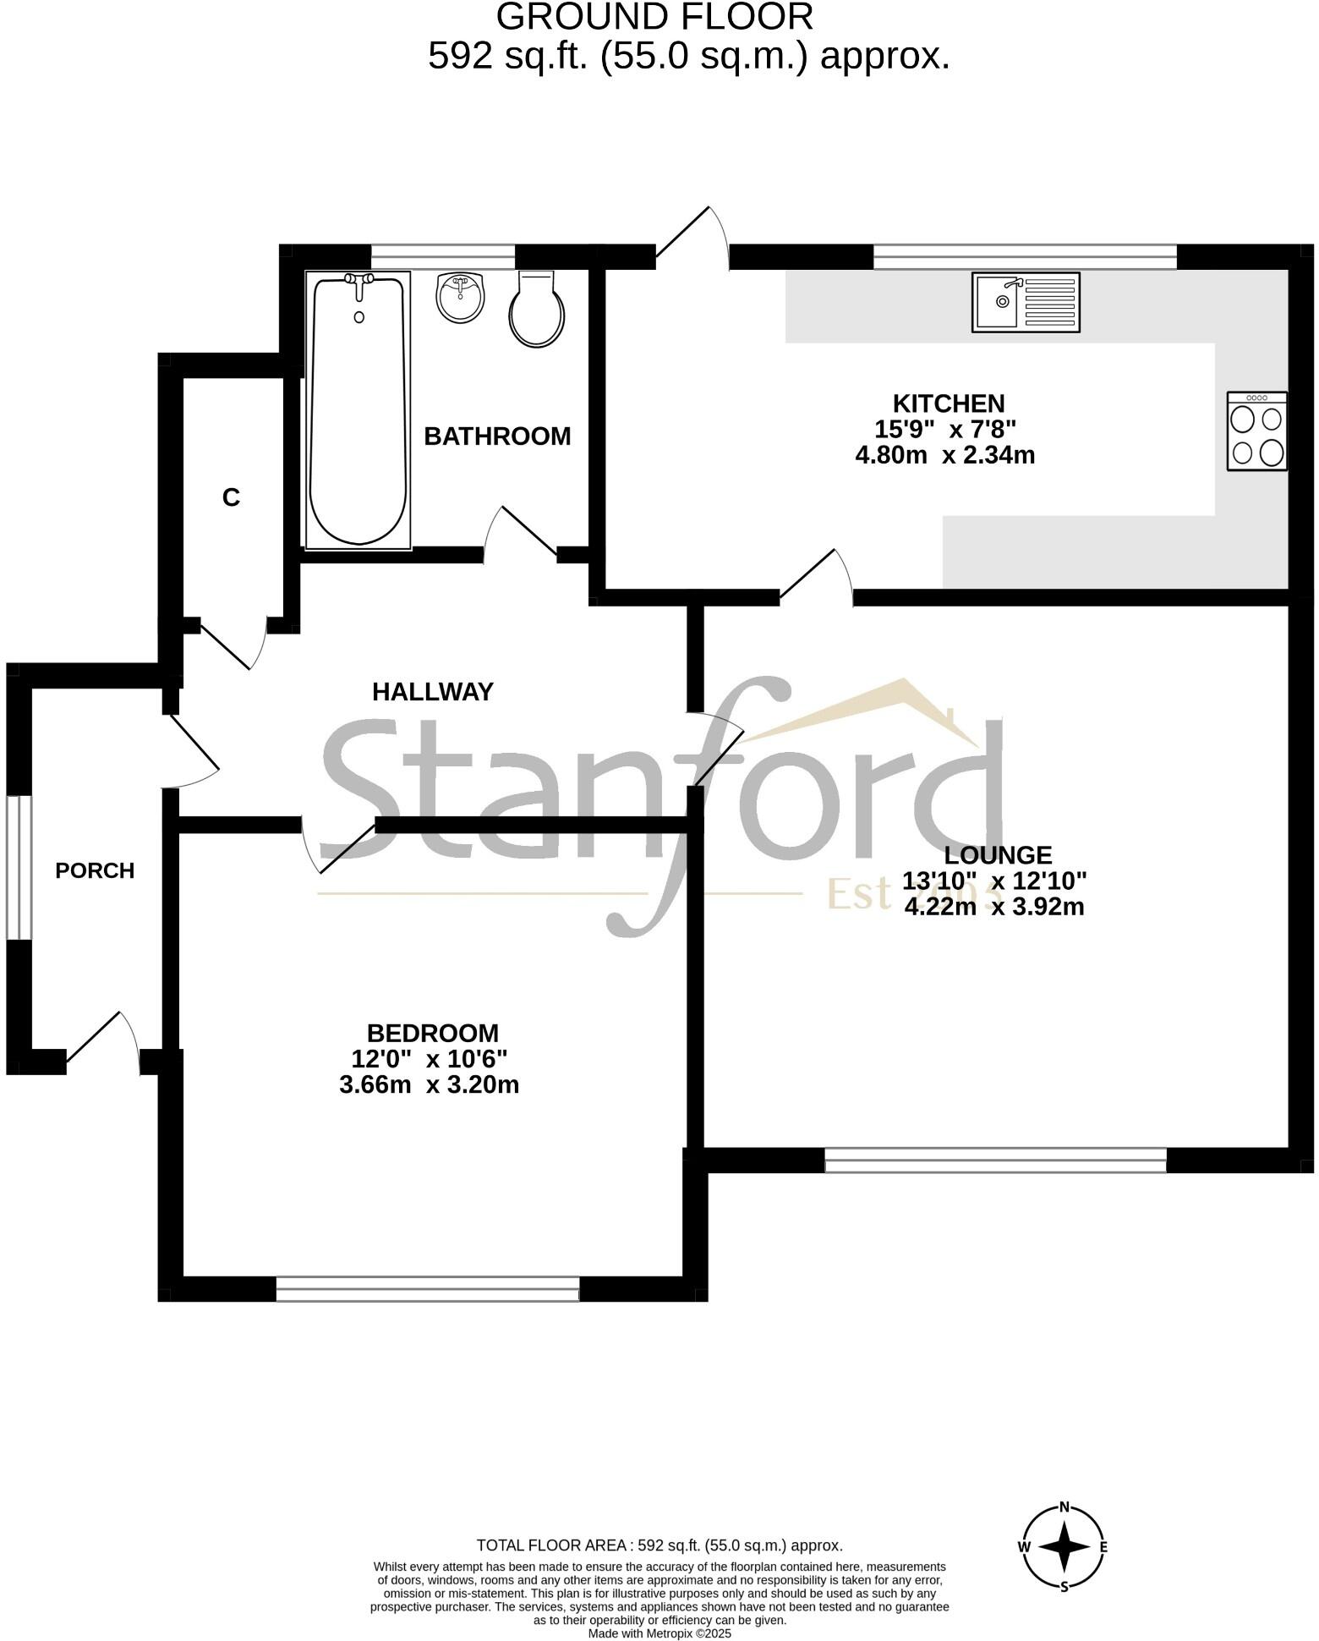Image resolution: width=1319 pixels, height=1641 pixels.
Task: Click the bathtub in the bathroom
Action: (358, 410)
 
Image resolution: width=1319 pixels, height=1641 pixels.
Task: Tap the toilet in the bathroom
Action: (536, 311)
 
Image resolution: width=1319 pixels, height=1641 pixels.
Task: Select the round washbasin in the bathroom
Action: (460, 298)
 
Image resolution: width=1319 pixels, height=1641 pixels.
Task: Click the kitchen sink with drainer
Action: (1025, 301)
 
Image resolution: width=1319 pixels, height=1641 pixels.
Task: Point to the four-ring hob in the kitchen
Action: (1257, 431)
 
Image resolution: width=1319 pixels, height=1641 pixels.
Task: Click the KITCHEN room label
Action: (949, 403)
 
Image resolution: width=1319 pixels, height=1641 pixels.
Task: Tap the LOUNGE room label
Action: (998, 855)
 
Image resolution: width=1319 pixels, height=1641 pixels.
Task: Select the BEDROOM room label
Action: (432, 1033)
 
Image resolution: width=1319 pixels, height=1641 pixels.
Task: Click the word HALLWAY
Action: (432, 692)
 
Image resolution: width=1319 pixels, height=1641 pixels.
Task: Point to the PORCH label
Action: (95, 870)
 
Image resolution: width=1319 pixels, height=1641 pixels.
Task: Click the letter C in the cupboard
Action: (231, 497)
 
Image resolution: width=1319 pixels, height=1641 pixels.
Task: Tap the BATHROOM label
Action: (497, 436)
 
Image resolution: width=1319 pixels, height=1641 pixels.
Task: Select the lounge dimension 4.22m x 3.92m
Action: (994, 907)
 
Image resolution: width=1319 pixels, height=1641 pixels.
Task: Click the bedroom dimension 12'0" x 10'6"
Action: (429, 1059)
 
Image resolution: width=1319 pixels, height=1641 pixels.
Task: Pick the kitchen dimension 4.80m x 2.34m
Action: (945, 455)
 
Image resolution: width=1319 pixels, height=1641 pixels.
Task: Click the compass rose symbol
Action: (1064, 1546)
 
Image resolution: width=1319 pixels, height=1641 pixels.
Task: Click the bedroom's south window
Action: (428, 1288)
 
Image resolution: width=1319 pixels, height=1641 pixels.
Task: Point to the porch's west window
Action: (19, 867)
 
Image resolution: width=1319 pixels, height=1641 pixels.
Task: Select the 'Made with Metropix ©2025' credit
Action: (659, 1633)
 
